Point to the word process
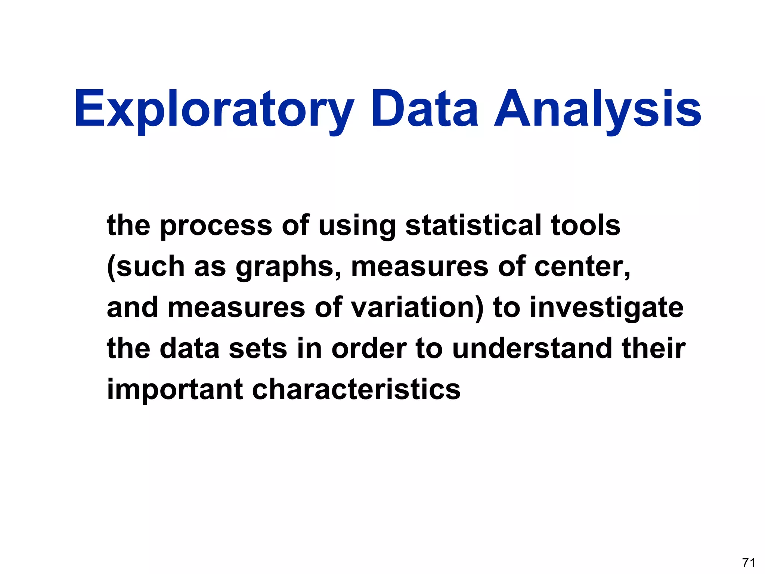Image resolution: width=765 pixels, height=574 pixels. (216, 226)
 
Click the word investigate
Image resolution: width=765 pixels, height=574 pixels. (607, 308)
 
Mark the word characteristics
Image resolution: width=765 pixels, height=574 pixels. (356, 389)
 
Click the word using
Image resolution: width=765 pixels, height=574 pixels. (356, 226)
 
